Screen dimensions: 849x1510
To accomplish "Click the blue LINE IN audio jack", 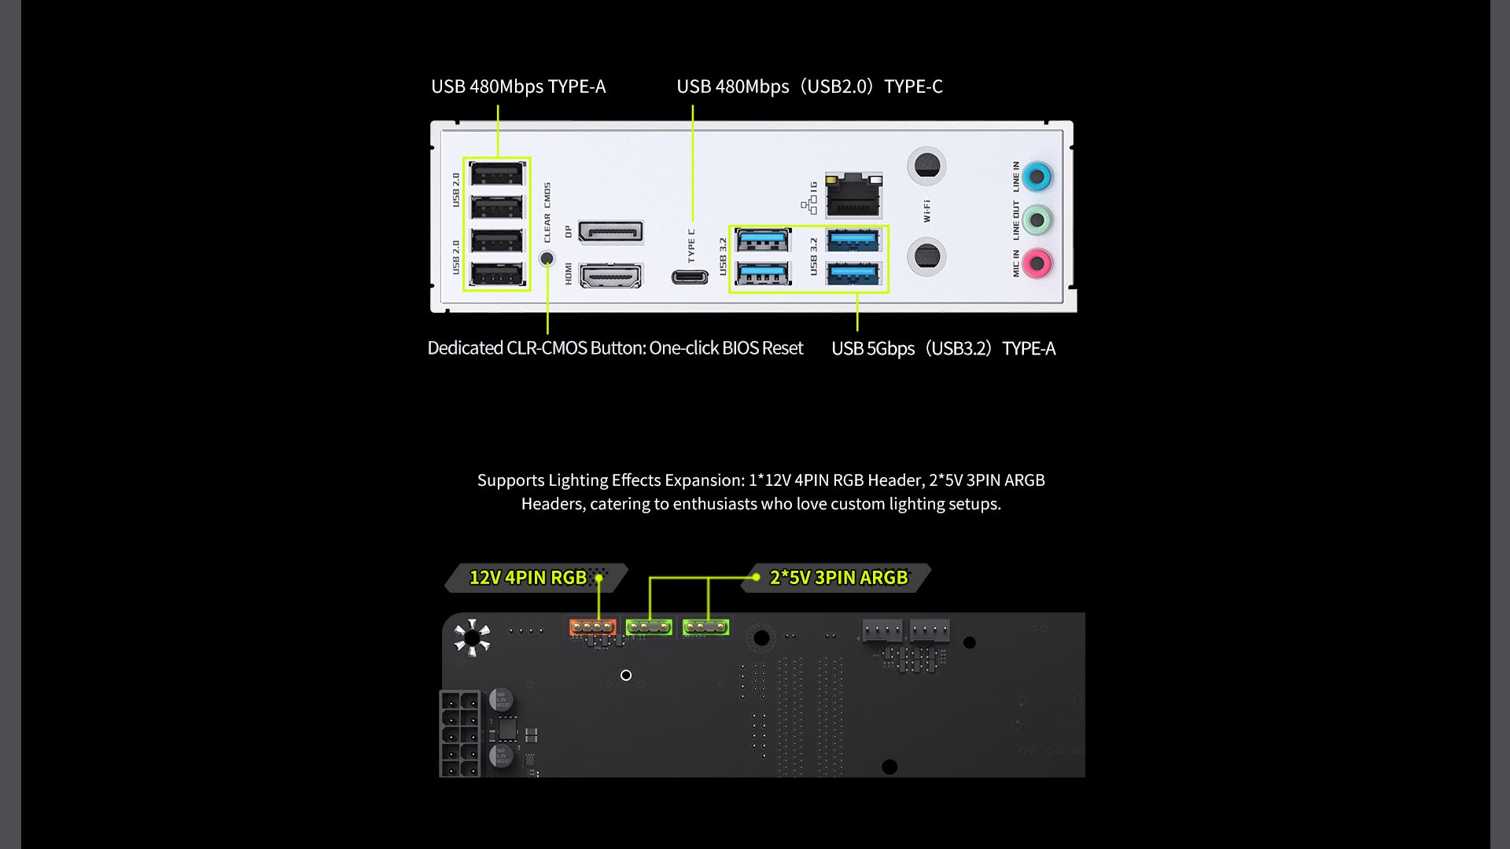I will click(1037, 177).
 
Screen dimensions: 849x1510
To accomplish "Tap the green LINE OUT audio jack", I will click(1037, 220).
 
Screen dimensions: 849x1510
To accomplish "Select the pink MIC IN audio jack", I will click(1037, 263).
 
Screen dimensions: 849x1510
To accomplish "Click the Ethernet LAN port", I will click(853, 196).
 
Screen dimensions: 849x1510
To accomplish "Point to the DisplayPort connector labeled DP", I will click(610, 232).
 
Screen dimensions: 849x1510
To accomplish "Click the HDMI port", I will click(610, 275).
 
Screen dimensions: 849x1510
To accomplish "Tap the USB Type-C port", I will click(690, 277).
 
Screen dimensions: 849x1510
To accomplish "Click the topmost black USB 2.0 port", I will click(496, 174).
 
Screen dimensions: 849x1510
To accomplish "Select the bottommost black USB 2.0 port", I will click(496, 274).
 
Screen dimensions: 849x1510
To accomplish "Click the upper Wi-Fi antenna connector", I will click(927, 166).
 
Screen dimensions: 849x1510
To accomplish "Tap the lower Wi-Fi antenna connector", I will click(927, 256).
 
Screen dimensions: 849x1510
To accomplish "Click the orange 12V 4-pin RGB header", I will click(592, 627).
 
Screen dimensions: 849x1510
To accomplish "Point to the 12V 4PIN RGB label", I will click(528, 578).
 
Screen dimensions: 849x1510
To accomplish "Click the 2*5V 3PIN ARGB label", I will click(838, 578).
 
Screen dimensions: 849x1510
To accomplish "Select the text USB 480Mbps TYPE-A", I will click(518, 86).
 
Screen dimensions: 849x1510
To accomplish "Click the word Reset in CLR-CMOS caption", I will click(778, 348).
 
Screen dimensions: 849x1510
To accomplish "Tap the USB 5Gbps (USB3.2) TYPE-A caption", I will click(943, 348).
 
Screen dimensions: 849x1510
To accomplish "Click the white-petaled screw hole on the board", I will click(472, 637).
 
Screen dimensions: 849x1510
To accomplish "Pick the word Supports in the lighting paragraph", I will click(510, 480).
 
